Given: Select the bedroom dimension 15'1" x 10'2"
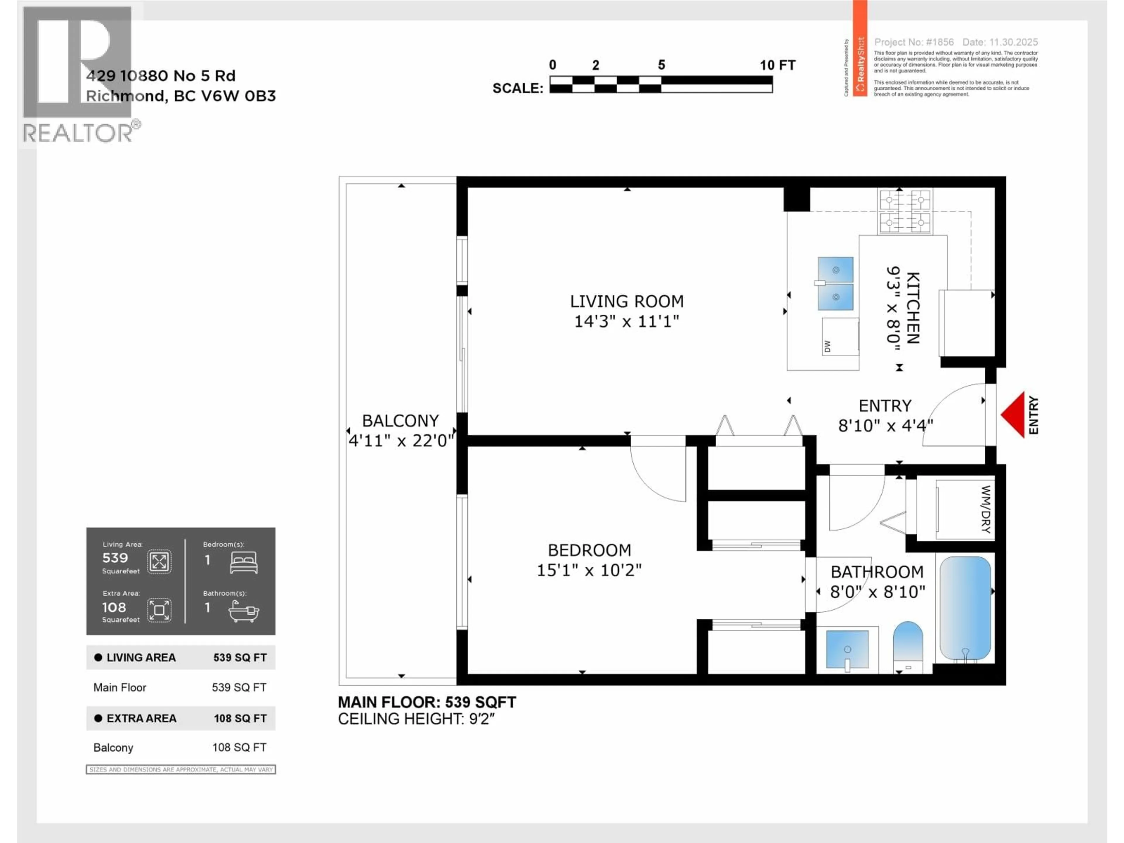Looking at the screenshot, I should tap(589, 570).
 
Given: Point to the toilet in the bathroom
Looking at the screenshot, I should tap(907, 645).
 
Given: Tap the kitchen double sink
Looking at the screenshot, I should tap(835, 283).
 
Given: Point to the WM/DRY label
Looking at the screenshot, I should tap(985, 509).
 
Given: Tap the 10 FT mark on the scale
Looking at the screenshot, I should tap(777, 65).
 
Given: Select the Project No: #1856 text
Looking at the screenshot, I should tap(914, 42).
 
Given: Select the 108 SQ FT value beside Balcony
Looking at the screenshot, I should tap(239, 748).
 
